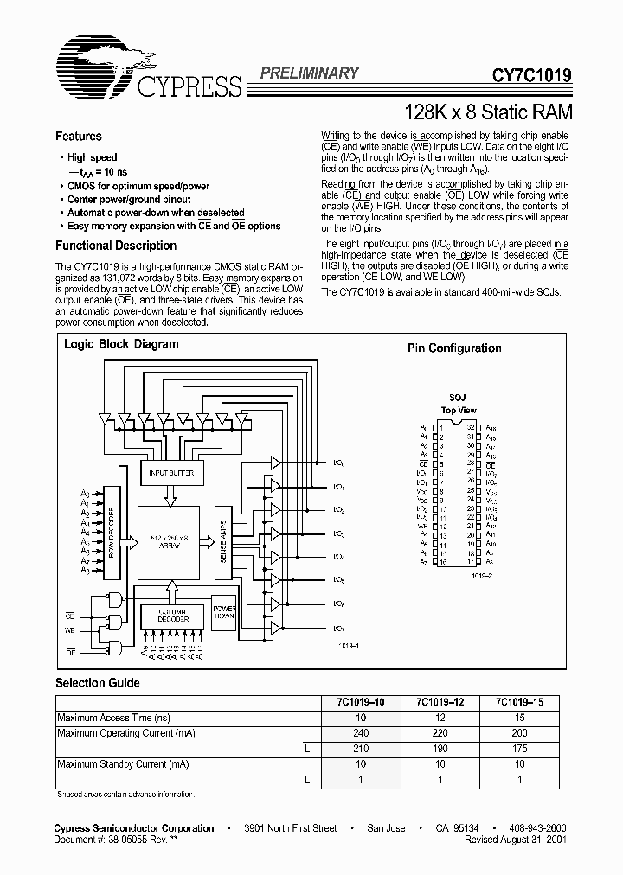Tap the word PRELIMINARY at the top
[x=309, y=73]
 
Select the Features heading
[x=79, y=137]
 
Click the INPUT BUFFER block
[x=170, y=473]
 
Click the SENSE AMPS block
[x=223, y=539]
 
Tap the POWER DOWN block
[x=224, y=610]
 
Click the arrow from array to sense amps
[x=208, y=540]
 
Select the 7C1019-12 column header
[x=441, y=702]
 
